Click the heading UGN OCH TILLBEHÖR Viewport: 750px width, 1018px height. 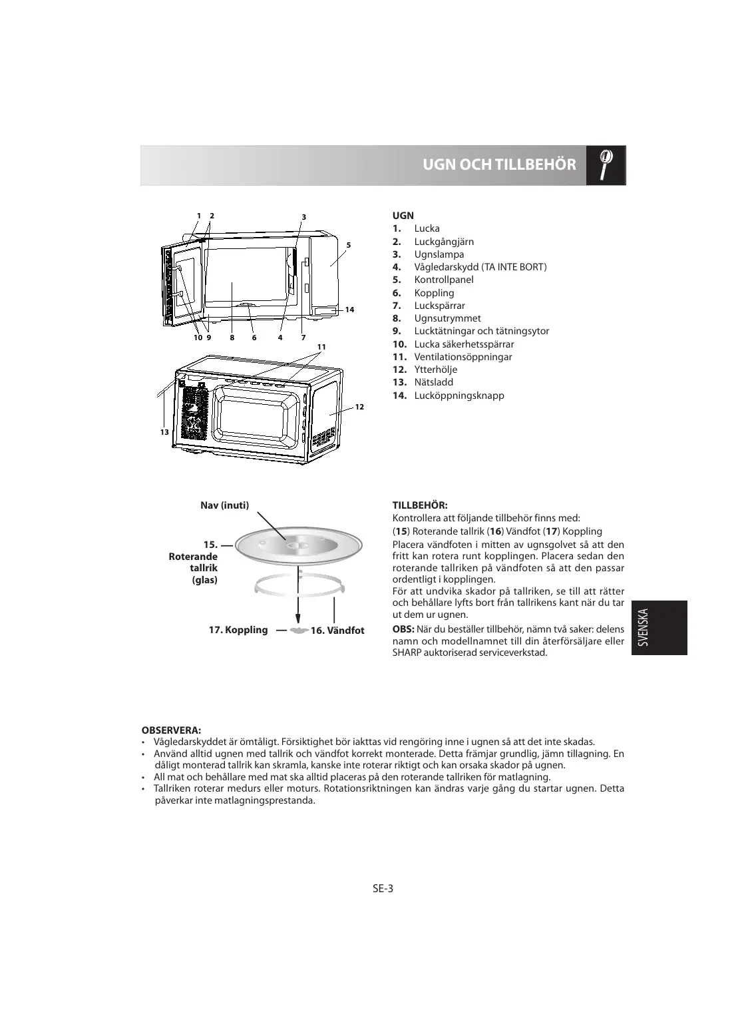499,165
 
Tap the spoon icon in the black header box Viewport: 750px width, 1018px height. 606,164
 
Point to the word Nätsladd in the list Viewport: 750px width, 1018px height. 433,382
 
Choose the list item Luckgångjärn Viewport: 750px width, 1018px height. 444,242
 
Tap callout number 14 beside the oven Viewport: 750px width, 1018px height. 349,310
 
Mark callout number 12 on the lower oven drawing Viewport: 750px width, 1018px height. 359,406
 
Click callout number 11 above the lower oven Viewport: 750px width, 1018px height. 321,347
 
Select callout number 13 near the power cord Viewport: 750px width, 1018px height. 163,432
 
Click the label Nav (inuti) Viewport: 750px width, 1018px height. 225,505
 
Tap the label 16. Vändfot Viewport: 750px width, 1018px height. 337,631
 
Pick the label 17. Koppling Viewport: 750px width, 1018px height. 238,630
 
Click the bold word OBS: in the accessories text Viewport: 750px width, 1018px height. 403,629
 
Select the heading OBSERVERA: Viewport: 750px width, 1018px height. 172,730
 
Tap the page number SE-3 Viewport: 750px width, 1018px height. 383,888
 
